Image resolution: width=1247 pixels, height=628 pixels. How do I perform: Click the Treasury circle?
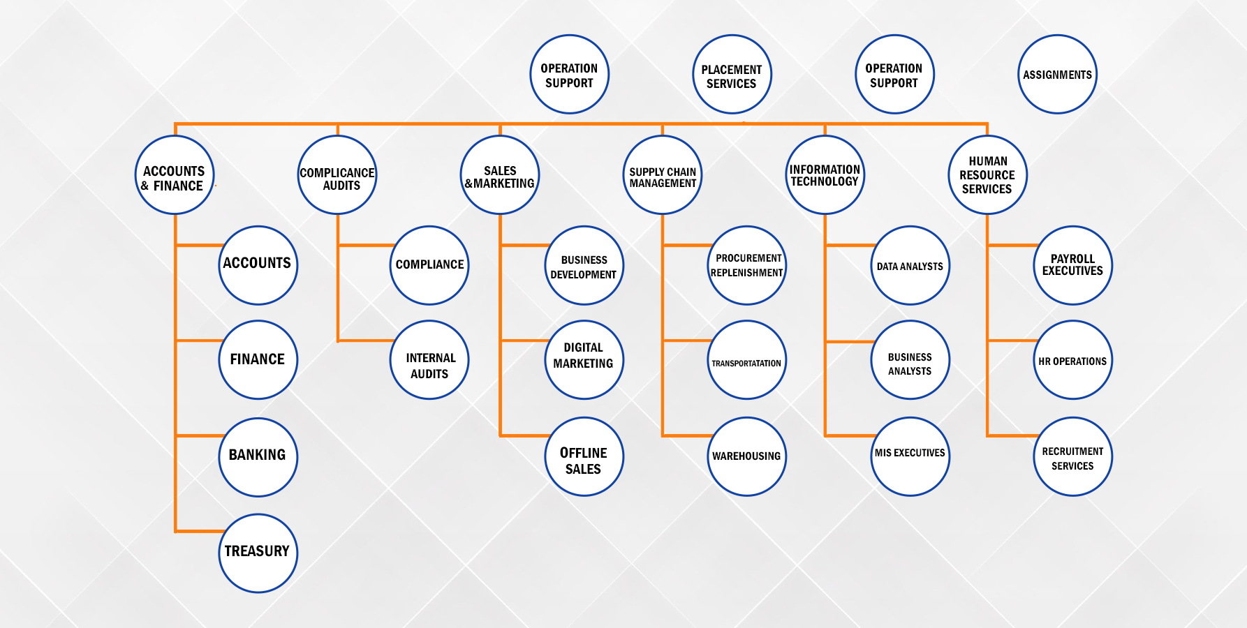pos(258,553)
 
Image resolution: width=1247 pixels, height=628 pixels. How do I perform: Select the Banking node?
pos(258,457)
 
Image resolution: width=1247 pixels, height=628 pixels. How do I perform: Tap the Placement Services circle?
pos(732,75)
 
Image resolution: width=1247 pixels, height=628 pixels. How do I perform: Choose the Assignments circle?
pos(1057,75)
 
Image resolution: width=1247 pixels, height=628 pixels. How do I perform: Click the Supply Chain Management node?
pos(662,175)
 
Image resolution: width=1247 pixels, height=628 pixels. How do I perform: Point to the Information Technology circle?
pos(825,175)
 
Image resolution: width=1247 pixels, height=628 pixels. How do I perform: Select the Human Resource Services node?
pos(987,175)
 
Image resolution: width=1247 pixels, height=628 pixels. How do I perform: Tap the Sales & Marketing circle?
pos(500,175)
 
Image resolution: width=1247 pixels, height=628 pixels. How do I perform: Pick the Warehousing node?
pos(746,457)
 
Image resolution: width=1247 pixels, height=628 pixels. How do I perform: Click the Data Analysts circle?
pos(910,266)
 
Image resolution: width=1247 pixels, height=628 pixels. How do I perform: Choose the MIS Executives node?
pos(910,457)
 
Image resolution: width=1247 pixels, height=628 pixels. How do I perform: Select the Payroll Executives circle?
pos(1072,266)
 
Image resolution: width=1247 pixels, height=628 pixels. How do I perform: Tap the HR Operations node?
pos(1072,361)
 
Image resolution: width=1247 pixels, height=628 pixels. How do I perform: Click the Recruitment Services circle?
pos(1072,457)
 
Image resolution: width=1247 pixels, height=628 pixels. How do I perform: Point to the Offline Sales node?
pos(584,457)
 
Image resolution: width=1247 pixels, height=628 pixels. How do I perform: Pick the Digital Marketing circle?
pos(584,361)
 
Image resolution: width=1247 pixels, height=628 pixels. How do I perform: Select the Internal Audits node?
pos(429,361)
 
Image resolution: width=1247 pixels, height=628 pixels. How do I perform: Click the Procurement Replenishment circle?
pos(746,266)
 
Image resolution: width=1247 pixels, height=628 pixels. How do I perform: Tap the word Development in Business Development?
pos(583,275)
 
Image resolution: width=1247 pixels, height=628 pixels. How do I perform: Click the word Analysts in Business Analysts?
pos(910,371)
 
